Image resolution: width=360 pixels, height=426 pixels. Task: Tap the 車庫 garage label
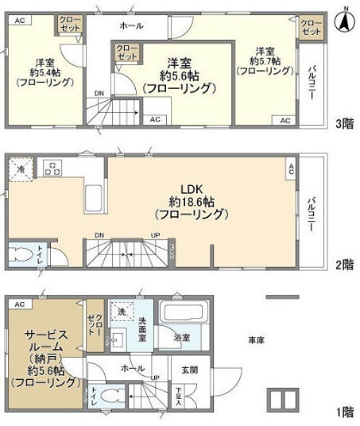(255, 339)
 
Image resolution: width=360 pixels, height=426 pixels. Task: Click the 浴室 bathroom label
(182, 338)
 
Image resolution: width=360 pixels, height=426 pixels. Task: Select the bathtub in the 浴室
(182, 312)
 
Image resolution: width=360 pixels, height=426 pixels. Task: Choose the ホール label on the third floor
(131, 25)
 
